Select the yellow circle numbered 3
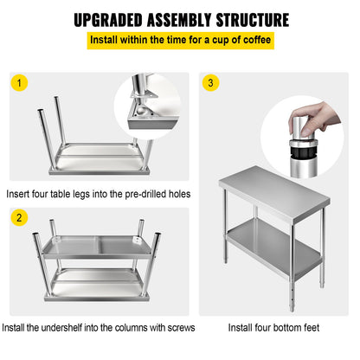click(211, 83)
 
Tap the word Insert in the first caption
click(20, 194)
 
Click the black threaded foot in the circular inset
click(299, 150)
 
